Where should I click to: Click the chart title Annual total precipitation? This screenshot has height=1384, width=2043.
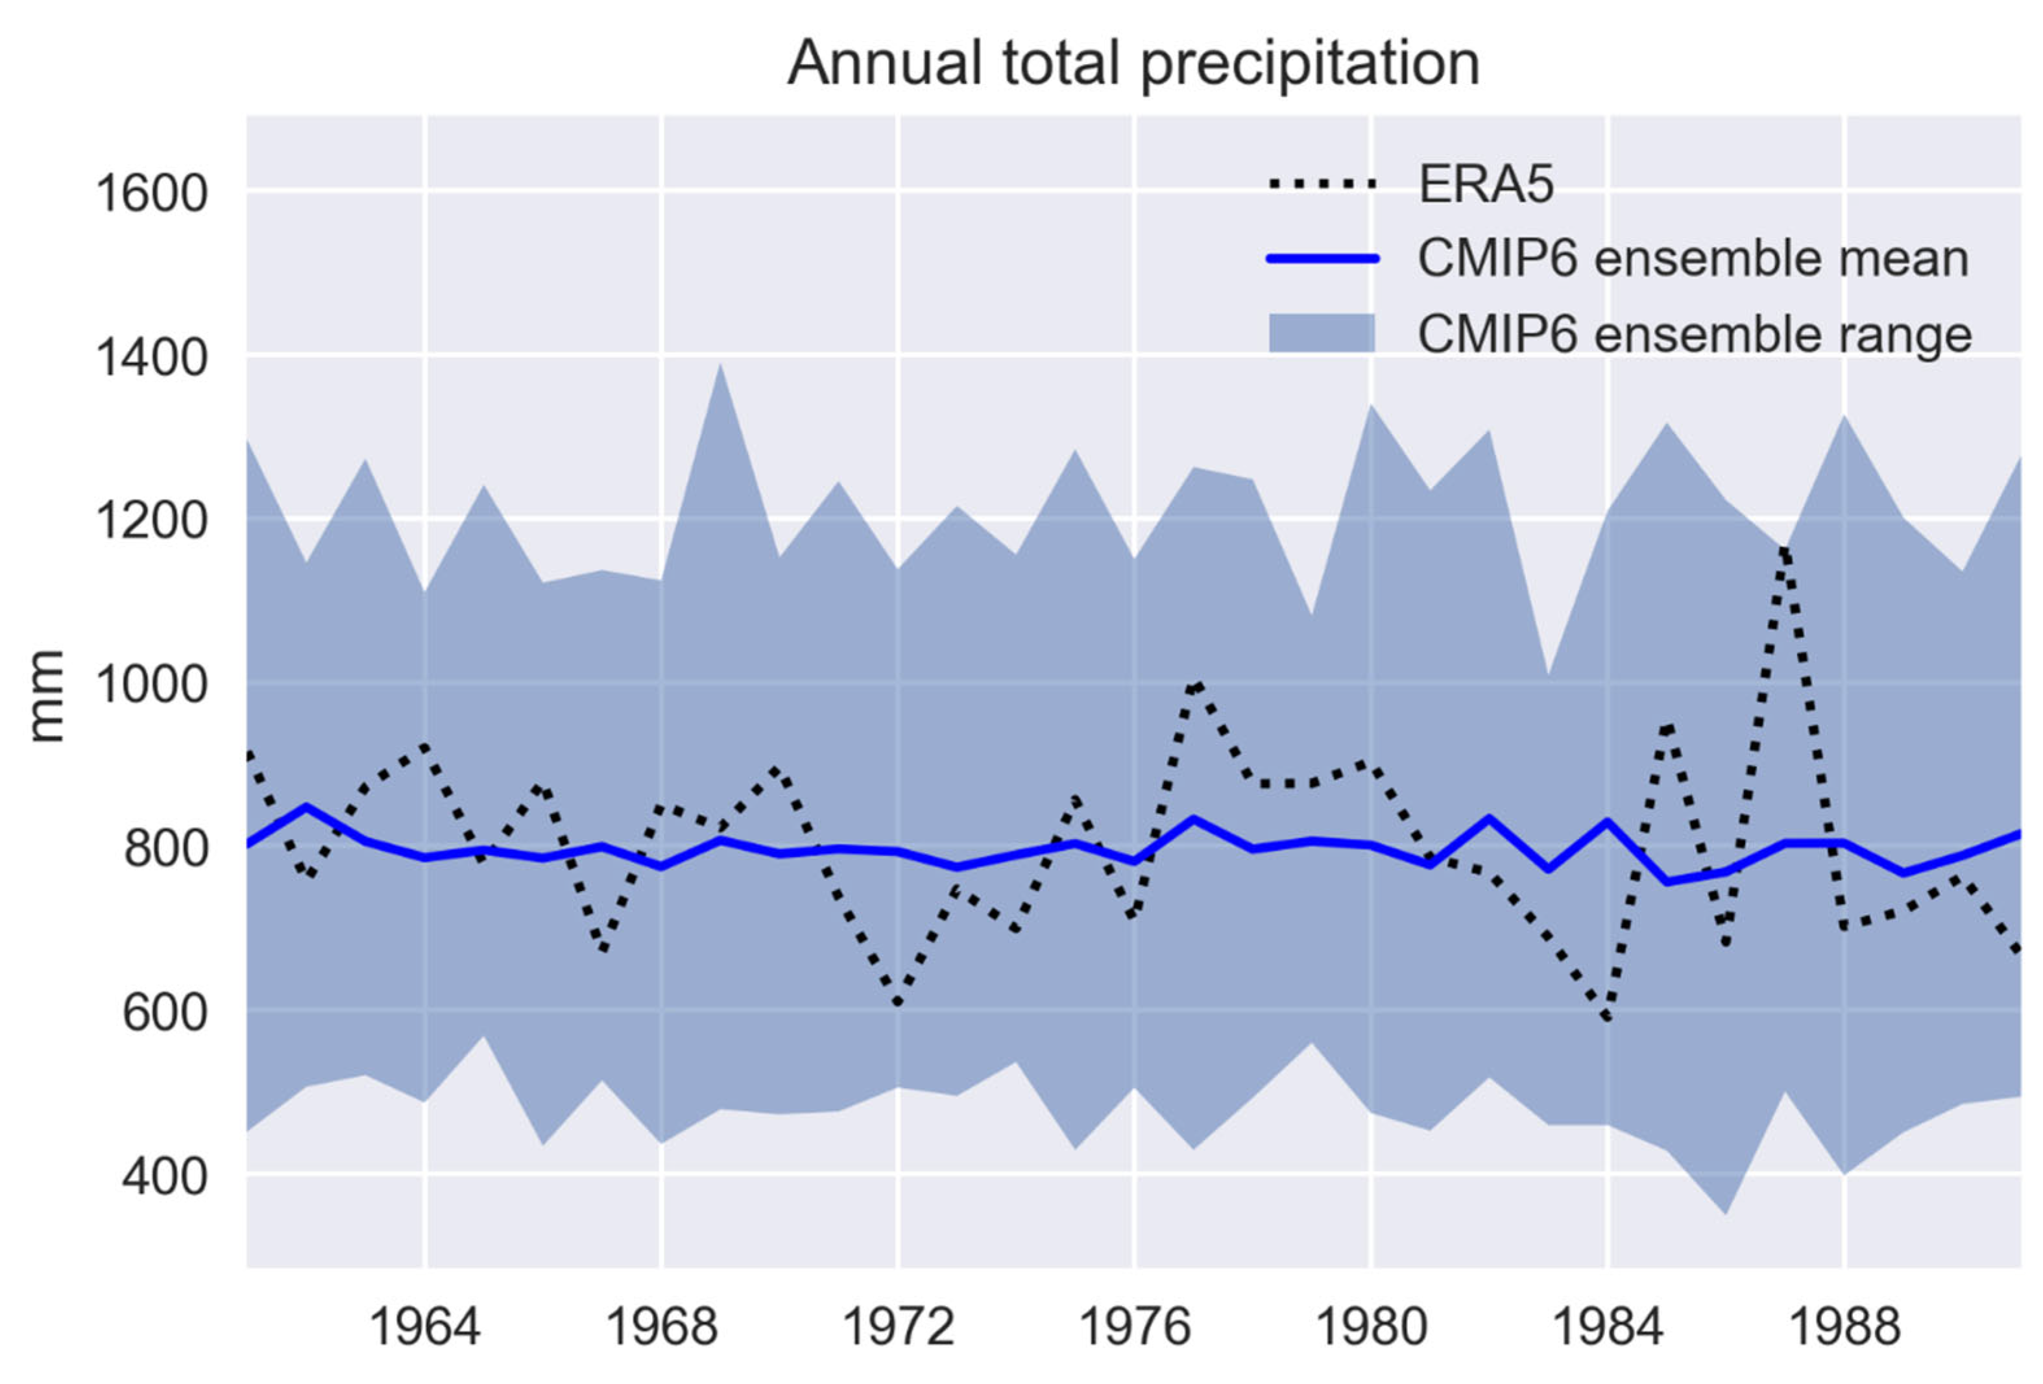click(1133, 64)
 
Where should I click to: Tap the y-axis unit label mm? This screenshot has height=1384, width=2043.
click(45, 696)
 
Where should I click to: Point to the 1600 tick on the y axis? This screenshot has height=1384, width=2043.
click(151, 193)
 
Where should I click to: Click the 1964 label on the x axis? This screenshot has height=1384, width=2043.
click(424, 1328)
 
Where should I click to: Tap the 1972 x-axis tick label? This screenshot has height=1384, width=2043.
click(897, 1328)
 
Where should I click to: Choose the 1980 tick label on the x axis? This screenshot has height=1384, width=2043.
click(1370, 1328)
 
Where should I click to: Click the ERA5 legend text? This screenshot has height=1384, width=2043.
click(1486, 185)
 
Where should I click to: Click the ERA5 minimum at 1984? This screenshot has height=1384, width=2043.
click(1607, 1018)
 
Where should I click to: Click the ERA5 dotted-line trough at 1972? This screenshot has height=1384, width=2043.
click(897, 1002)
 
